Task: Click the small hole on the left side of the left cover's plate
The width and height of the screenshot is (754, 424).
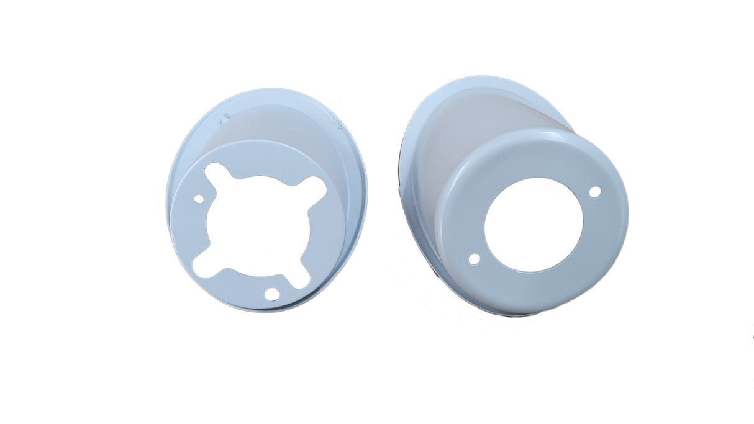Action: [199, 199]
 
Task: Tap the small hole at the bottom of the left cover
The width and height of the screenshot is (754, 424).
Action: [271, 294]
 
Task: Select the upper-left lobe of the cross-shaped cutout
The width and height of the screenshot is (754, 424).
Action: [214, 172]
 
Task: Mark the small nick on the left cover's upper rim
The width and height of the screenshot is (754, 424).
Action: [225, 116]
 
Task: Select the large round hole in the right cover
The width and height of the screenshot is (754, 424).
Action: [533, 225]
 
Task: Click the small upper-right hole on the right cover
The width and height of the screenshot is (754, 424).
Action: [594, 192]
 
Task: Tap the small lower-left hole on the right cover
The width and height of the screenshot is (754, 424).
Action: [474, 259]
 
